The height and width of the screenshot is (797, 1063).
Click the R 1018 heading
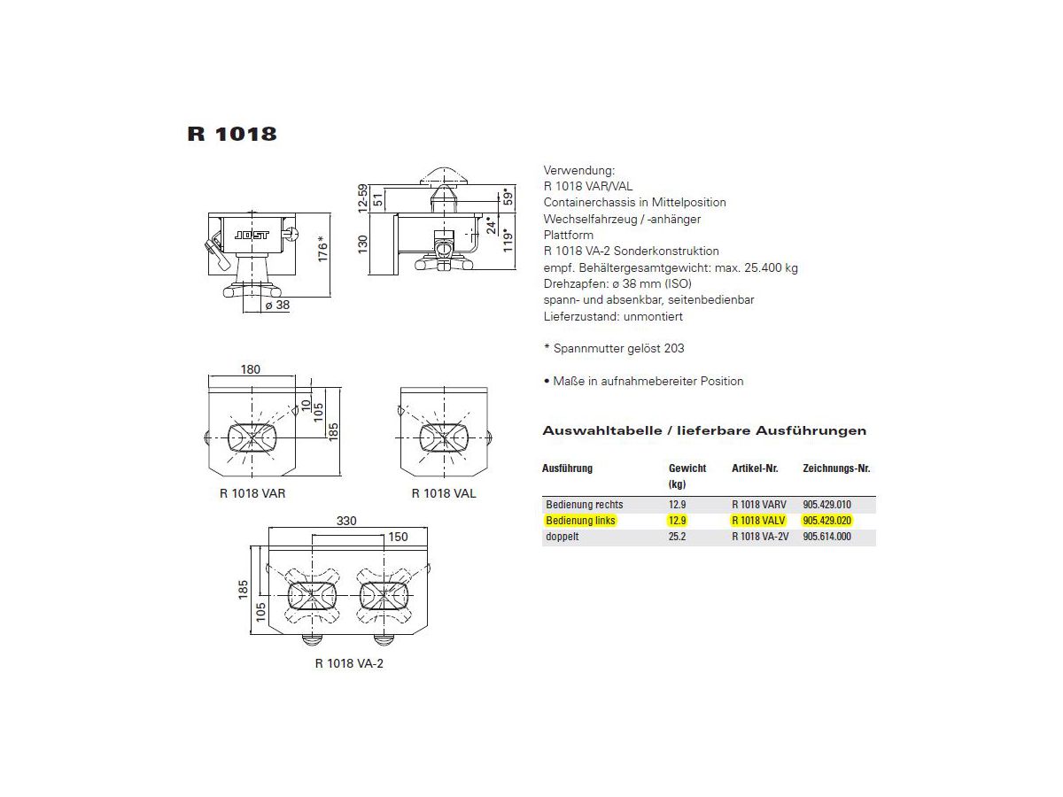pyautogui.click(x=232, y=135)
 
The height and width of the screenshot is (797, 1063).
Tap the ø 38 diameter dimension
pyautogui.click(x=277, y=306)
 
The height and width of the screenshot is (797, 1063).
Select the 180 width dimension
pyautogui.click(x=251, y=369)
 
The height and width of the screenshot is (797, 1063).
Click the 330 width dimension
pyautogui.click(x=346, y=521)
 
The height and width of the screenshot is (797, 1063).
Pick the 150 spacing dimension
pyautogui.click(x=398, y=537)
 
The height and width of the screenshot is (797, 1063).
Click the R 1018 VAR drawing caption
pyautogui.click(x=252, y=493)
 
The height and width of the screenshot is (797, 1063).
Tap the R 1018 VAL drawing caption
pyautogui.click(x=444, y=493)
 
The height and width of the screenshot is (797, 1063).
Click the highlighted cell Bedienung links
pyautogui.click(x=580, y=521)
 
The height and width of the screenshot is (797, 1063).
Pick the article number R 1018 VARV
pyautogui.click(x=758, y=504)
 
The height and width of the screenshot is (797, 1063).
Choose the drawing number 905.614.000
pyautogui.click(x=826, y=537)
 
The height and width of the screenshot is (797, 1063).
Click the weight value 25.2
pyautogui.click(x=677, y=537)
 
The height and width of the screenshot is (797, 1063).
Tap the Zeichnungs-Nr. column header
pyautogui.click(x=835, y=468)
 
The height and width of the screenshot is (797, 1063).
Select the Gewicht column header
pyautogui.click(x=687, y=468)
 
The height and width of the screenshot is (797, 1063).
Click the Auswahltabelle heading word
pyautogui.click(x=601, y=431)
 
